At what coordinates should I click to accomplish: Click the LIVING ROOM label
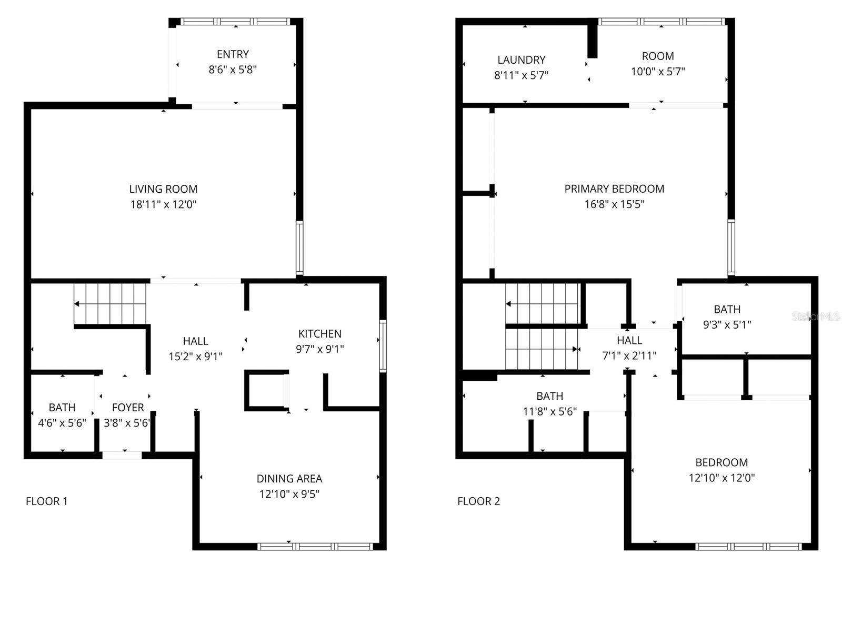(163, 189)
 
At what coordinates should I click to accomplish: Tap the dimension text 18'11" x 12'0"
(163, 204)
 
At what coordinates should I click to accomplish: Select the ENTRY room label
(233, 54)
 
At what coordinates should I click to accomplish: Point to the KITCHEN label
(319, 333)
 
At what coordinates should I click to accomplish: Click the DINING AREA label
(289, 479)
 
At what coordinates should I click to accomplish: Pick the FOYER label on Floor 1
(127, 408)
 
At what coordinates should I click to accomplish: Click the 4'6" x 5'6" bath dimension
(62, 423)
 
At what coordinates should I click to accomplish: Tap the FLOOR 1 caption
(46, 501)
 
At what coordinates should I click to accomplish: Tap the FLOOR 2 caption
(478, 501)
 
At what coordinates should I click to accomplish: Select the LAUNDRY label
(521, 60)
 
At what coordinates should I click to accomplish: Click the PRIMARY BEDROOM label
(614, 189)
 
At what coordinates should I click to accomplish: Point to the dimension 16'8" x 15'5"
(614, 204)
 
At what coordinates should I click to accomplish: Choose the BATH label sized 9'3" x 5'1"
(727, 310)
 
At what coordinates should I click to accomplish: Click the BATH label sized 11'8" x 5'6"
(549, 396)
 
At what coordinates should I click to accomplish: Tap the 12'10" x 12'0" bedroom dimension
(721, 478)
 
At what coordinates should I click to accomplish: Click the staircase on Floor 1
(111, 304)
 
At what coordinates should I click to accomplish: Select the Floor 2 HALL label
(629, 340)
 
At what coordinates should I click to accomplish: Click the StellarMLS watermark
(816, 317)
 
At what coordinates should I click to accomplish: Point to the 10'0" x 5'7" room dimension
(658, 72)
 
